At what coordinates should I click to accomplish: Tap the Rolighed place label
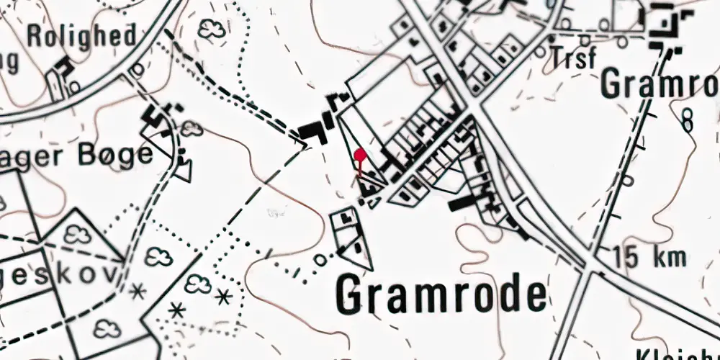(82, 35)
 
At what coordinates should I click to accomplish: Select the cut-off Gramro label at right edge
(660, 84)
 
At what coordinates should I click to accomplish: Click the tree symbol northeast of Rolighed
(211, 30)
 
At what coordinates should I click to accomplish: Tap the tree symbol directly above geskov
(76, 235)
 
